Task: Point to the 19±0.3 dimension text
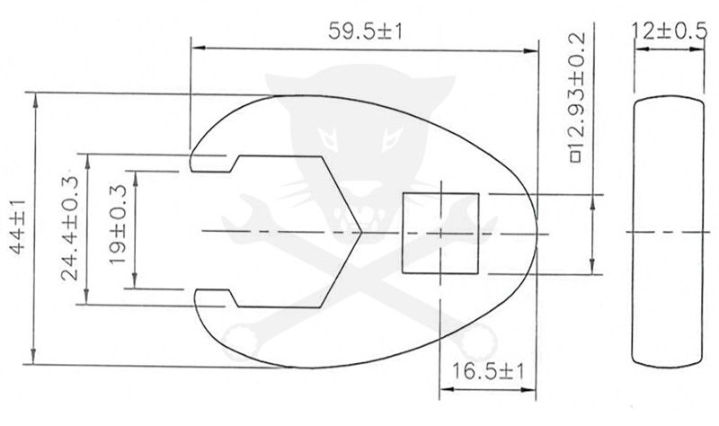pyautogui.click(x=118, y=229)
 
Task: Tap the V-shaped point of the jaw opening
pyautogui.click(x=358, y=232)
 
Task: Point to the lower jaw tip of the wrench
pyautogui.click(x=201, y=301)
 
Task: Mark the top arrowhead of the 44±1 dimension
pyautogui.click(x=36, y=98)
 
